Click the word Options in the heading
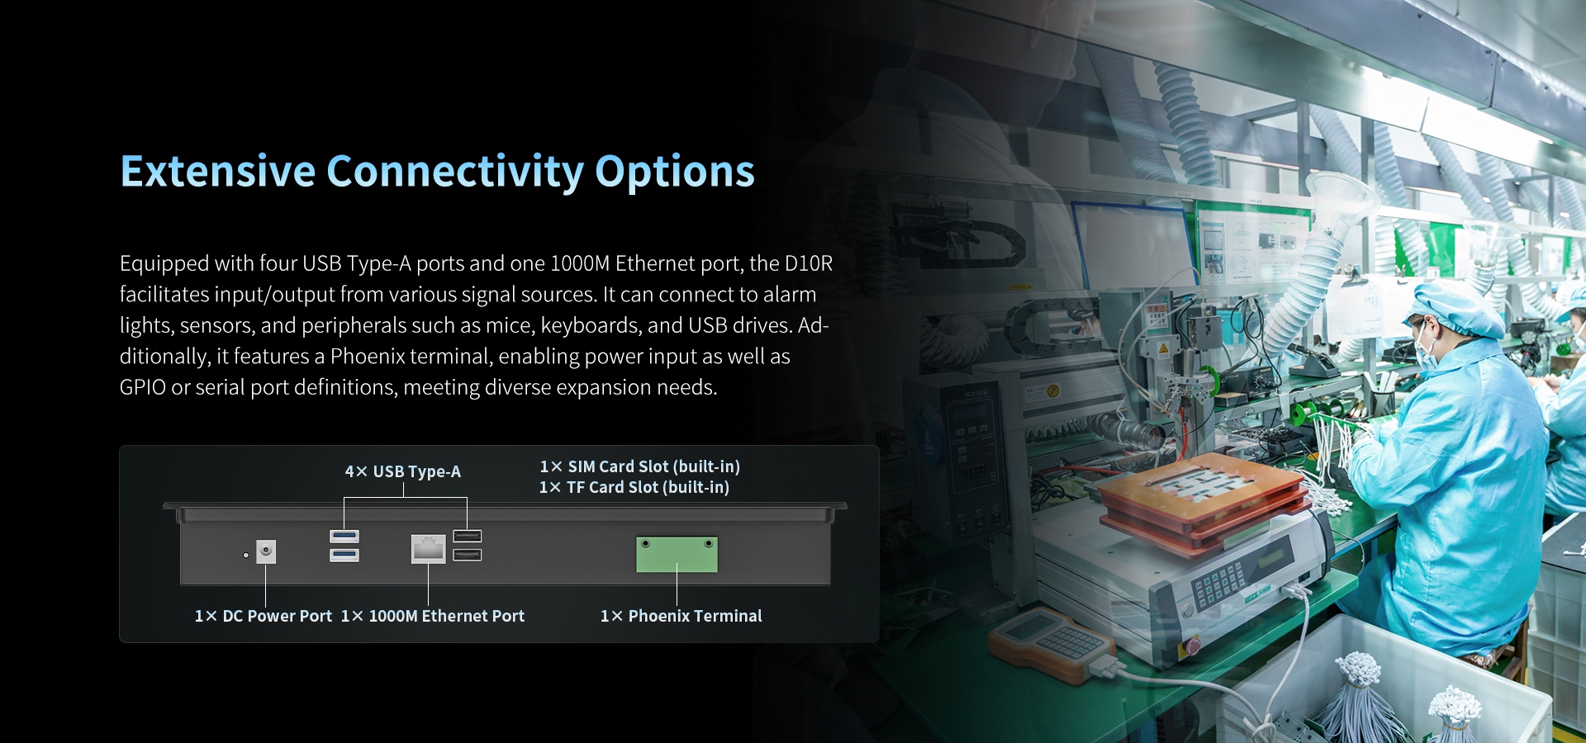(x=674, y=172)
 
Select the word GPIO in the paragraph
(x=142, y=387)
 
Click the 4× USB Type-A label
(x=402, y=471)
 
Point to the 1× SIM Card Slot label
(x=639, y=466)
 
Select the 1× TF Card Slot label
(x=634, y=487)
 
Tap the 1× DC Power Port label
(x=263, y=616)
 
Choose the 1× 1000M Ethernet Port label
(x=432, y=616)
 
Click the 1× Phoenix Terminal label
(x=681, y=616)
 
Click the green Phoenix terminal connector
(x=677, y=554)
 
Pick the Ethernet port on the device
(x=428, y=548)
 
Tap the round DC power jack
(x=266, y=551)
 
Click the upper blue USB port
(x=344, y=537)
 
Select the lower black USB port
(x=468, y=554)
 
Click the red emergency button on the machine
(x=1192, y=644)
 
